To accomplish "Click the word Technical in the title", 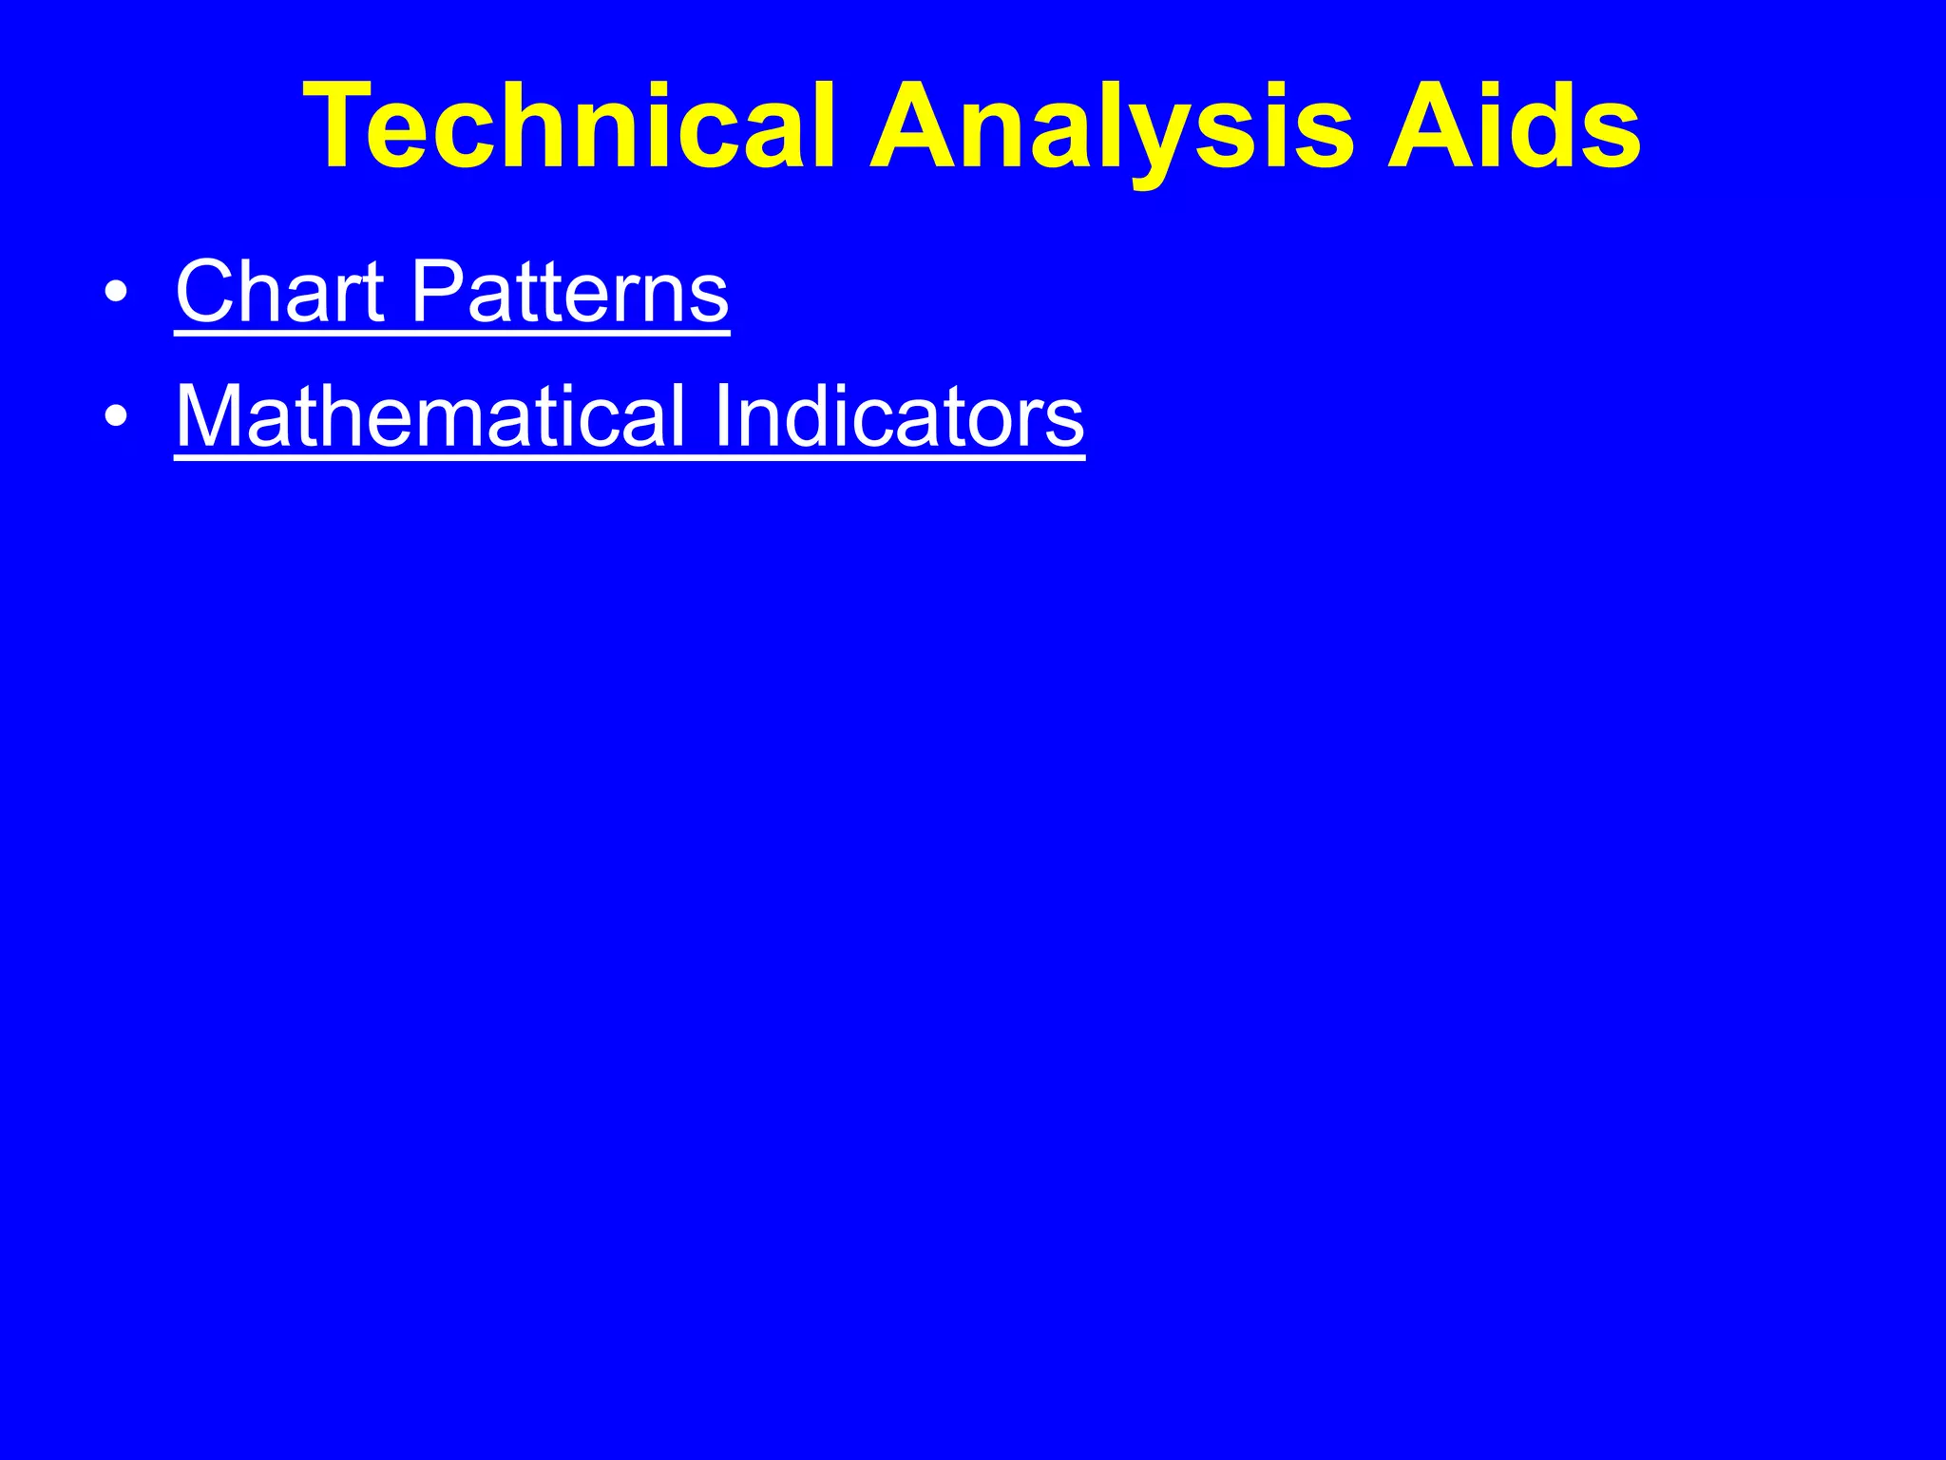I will point(568,127).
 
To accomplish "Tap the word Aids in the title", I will point(1514,127).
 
